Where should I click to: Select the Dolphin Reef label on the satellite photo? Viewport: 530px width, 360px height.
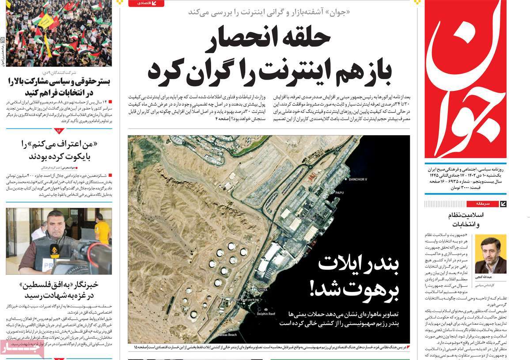[267, 314]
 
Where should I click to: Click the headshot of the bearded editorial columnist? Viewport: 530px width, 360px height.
[490, 255]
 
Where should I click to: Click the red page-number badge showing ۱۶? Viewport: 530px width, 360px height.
[59, 130]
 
